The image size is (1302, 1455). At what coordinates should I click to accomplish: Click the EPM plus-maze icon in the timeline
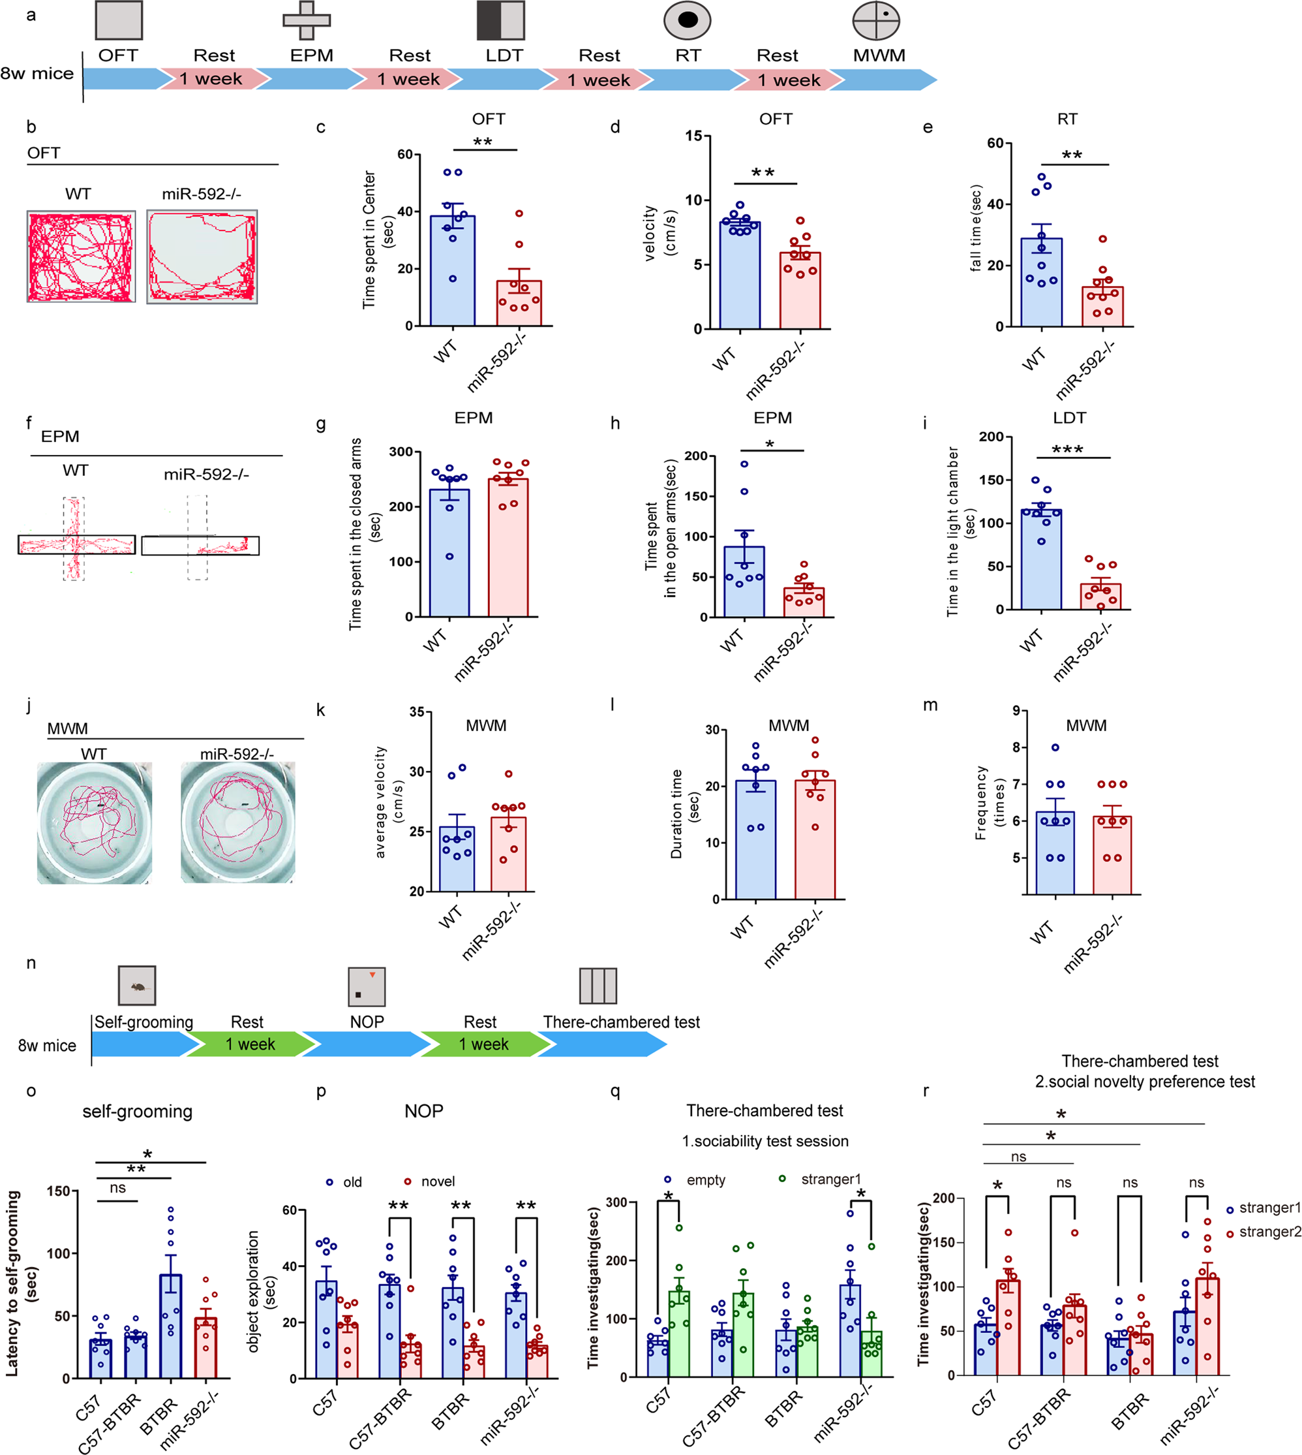(x=306, y=20)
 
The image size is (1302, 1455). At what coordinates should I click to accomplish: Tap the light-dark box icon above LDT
(x=501, y=20)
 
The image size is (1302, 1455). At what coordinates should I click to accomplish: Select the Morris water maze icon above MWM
(x=875, y=20)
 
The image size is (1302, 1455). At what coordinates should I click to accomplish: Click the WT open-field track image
(x=81, y=257)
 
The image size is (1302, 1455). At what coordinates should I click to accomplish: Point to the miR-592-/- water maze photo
(x=237, y=822)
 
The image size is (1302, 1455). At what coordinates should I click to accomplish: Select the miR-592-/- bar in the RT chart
(x=1102, y=306)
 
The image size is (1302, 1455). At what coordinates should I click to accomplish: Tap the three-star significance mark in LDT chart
(x=1067, y=450)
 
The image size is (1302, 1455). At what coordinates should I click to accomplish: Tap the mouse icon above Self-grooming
(x=136, y=986)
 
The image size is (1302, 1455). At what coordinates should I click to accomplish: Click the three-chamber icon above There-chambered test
(x=598, y=986)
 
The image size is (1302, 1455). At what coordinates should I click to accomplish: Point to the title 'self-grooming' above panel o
(x=138, y=1112)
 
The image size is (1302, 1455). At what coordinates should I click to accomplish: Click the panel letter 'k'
(x=320, y=710)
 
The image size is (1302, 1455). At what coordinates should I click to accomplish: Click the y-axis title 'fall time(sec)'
(x=976, y=228)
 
